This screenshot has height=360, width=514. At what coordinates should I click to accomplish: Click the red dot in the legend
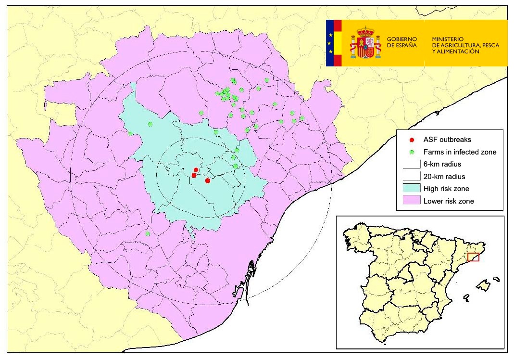pyautogui.click(x=412, y=140)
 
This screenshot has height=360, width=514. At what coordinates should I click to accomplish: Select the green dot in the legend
pyautogui.click(x=412, y=152)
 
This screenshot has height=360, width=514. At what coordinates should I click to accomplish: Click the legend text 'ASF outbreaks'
pyautogui.click(x=444, y=140)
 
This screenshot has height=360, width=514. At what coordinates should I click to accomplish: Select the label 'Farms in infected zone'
pyautogui.click(x=459, y=152)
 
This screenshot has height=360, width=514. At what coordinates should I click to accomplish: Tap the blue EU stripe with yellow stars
pyautogui.click(x=329, y=43)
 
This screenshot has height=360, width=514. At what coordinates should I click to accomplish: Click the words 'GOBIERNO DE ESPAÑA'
pyautogui.click(x=401, y=41)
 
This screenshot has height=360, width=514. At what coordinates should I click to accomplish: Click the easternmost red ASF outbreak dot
pyautogui.click(x=207, y=180)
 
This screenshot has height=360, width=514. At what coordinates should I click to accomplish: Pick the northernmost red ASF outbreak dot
pyautogui.click(x=196, y=169)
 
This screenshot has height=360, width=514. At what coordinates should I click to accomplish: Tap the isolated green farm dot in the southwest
pyautogui.click(x=148, y=234)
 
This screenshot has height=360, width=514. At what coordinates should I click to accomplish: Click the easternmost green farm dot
pyautogui.click(x=302, y=118)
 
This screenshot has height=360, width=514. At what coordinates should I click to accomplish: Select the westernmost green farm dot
pyautogui.click(x=130, y=133)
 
